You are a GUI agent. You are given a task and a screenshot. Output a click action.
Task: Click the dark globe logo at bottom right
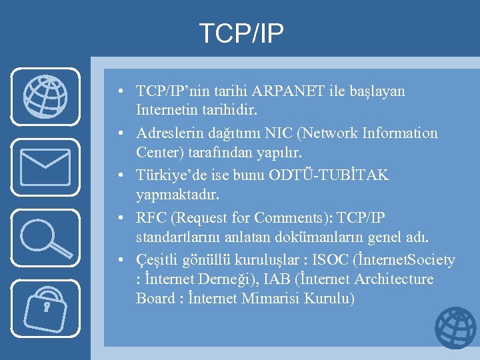tap(455, 328)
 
